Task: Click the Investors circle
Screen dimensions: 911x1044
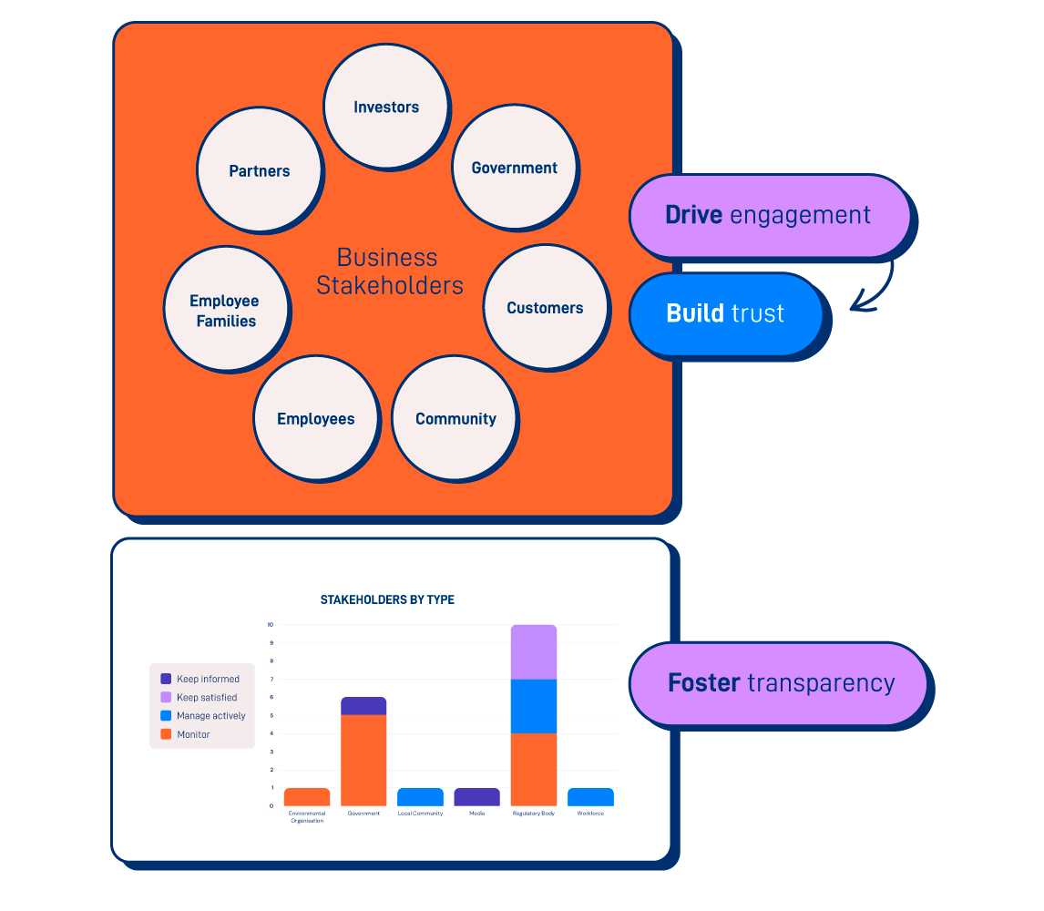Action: click(386, 107)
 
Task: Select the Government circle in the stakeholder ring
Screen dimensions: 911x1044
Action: click(515, 168)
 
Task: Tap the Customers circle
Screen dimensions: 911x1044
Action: click(545, 308)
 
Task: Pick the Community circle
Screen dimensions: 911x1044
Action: click(455, 419)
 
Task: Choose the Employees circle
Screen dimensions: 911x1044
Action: click(316, 419)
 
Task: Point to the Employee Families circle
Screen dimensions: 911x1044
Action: click(224, 310)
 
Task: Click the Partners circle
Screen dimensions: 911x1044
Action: click(260, 170)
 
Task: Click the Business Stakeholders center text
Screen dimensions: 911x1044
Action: click(389, 271)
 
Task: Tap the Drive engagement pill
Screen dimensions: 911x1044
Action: click(769, 216)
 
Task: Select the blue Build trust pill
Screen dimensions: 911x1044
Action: click(725, 313)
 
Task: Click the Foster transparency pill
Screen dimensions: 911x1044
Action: click(780, 683)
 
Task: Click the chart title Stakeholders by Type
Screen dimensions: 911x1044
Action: click(387, 599)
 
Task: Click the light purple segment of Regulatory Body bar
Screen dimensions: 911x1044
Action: click(534, 652)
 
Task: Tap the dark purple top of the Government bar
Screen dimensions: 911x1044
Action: click(363, 706)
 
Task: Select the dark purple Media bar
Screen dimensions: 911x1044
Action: click(476, 797)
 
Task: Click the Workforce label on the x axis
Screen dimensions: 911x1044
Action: click(590, 814)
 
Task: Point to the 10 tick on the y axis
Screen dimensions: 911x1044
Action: click(270, 625)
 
